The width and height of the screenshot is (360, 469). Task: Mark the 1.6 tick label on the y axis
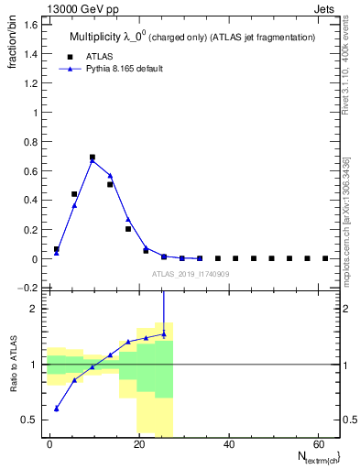(30, 25)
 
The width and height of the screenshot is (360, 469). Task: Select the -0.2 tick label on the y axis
(28, 288)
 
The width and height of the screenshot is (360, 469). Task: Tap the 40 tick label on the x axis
(228, 443)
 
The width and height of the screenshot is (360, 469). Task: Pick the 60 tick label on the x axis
(317, 443)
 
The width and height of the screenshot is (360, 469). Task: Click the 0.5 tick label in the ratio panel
(30, 420)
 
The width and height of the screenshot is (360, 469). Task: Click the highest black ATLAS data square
(93, 158)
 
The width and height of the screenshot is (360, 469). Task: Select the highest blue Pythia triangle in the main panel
(93, 161)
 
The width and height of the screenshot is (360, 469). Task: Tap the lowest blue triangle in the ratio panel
(57, 409)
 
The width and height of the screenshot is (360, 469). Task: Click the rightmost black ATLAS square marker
(325, 258)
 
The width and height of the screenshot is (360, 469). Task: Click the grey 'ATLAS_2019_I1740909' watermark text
(191, 275)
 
